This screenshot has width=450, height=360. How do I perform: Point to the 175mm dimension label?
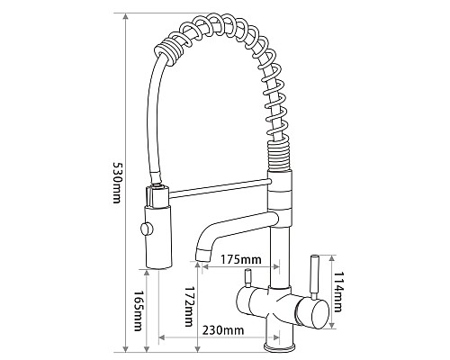241,261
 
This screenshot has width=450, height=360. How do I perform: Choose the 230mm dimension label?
222,331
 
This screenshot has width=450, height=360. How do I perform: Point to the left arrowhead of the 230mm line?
162,339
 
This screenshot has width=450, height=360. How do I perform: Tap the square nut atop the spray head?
156,193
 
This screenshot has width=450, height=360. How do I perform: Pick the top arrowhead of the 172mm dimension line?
197,267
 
